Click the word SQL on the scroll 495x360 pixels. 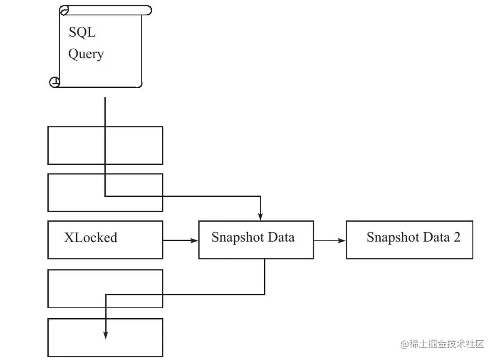(x=82, y=32)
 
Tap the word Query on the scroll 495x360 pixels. (x=86, y=54)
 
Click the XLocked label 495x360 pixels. (x=91, y=237)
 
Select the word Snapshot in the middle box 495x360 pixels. (x=237, y=238)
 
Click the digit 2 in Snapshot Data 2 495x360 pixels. (x=457, y=237)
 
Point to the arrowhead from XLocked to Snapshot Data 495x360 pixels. (x=194, y=241)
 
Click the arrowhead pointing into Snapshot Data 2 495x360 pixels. (x=342, y=241)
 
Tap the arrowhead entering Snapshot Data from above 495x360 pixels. (x=260, y=216)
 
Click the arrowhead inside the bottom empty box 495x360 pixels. (x=106, y=335)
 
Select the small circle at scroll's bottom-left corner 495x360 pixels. (x=54, y=82)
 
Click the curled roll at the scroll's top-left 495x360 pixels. (x=64, y=10)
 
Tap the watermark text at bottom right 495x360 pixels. (x=442, y=344)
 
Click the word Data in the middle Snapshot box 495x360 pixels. (x=281, y=237)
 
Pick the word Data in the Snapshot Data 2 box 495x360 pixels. (x=436, y=237)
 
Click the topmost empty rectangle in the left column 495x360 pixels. (x=105, y=146)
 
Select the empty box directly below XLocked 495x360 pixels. (x=105, y=289)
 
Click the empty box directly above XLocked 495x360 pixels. (x=105, y=193)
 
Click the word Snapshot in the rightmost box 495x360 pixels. (x=393, y=237)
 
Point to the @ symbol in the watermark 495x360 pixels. (x=404, y=344)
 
